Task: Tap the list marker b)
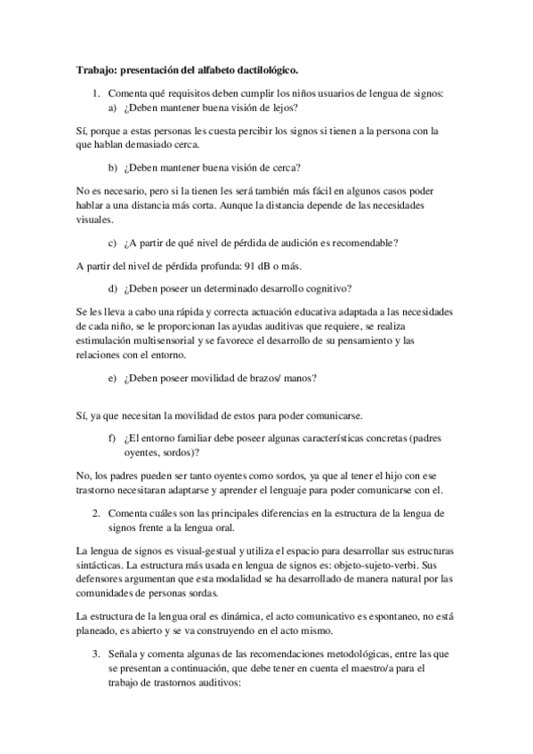click(x=112, y=166)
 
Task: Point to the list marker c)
click(x=112, y=242)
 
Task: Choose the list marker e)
click(x=112, y=377)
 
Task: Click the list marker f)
click(x=112, y=437)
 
